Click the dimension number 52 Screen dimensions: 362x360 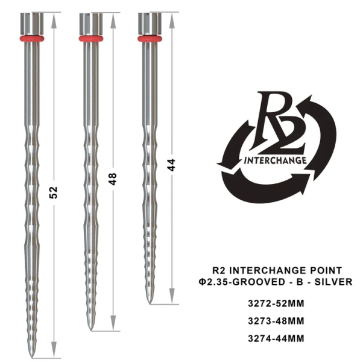[54, 192]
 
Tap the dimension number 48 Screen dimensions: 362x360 [112, 179]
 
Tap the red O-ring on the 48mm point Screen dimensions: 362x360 [90, 39]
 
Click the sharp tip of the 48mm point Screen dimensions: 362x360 [90, 329]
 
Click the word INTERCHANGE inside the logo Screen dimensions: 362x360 [275, 160]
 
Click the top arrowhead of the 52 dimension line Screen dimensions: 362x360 [54, 19]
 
